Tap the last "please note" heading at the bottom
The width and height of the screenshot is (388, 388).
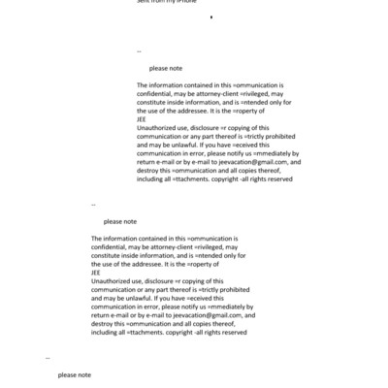(74, 374)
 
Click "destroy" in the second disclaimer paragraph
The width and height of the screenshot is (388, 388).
(104, 323)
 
